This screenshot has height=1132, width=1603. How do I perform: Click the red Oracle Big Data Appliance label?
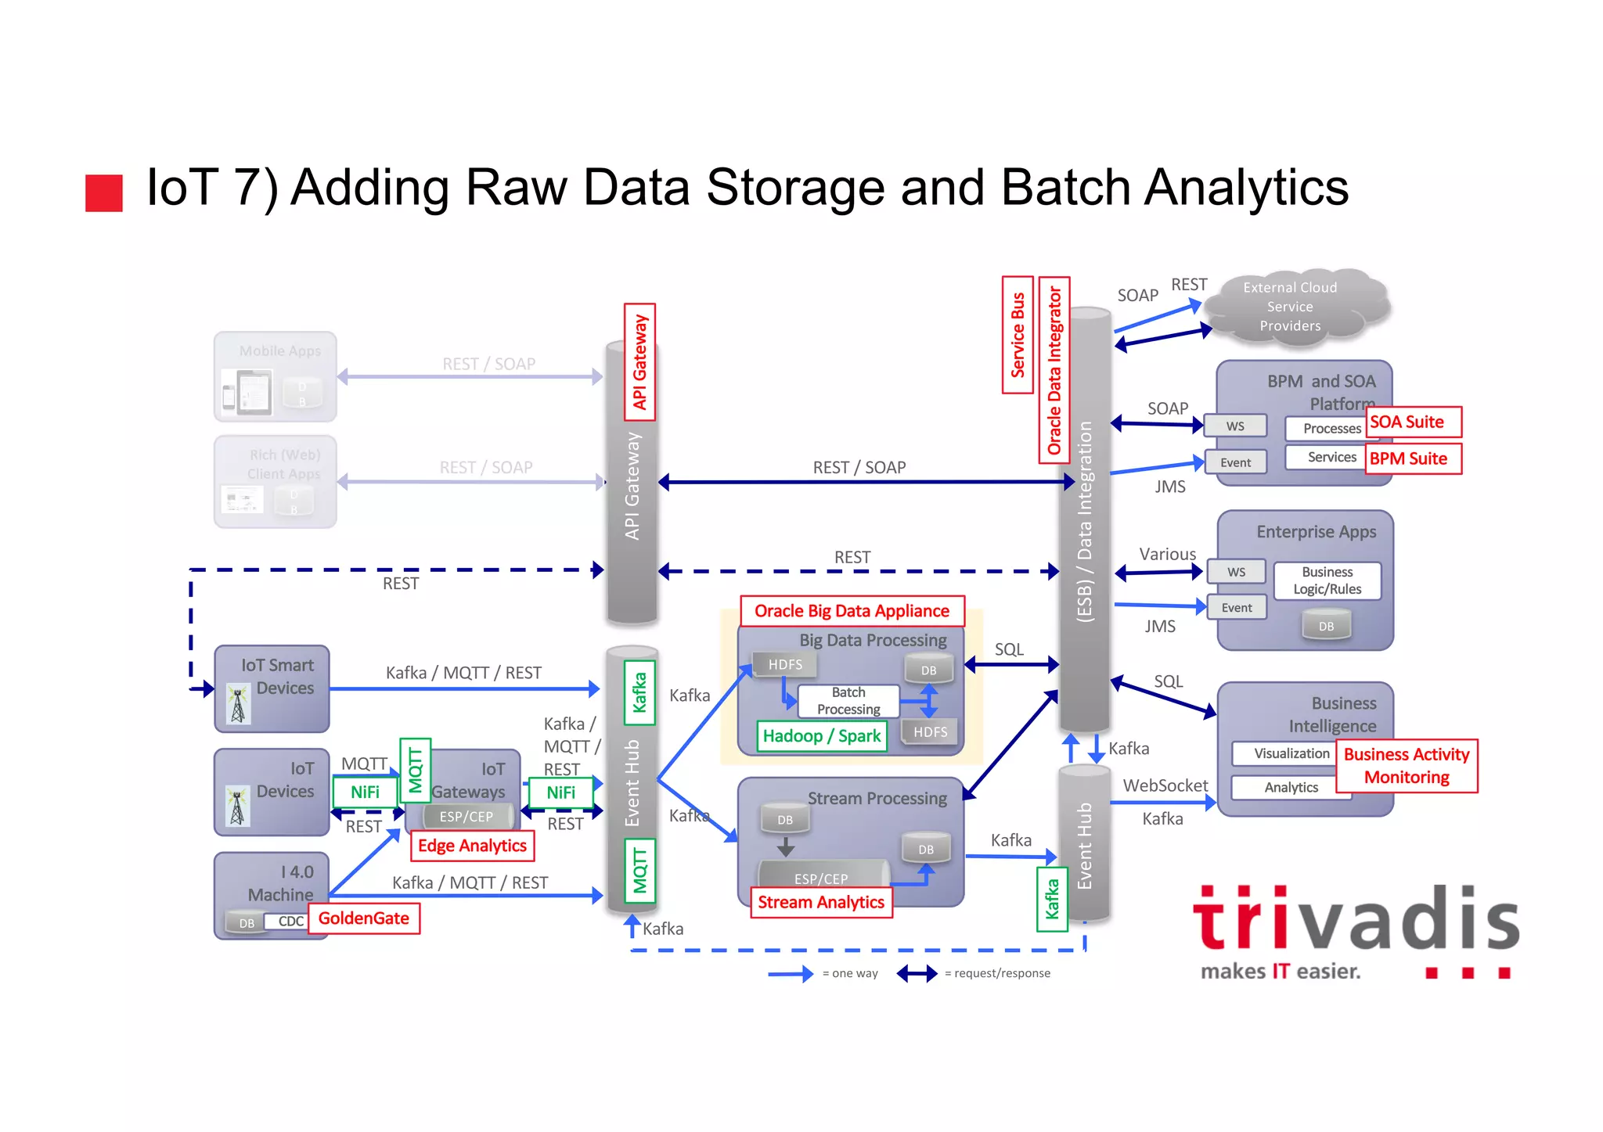pyautogui.click(x=852, y=611)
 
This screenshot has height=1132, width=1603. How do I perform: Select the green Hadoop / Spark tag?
pyautogui.click(x=822, y=736)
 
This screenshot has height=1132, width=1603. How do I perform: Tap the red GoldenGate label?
pyautogui.click(x=364, y=918)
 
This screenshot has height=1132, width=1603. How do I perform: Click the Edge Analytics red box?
pyautogui.click(x=472, y=846)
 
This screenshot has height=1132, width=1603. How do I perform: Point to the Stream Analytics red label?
pyautogui.click(x=821, y=903)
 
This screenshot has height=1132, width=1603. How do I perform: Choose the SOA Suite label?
pyautogui.click(x=1414, y=422)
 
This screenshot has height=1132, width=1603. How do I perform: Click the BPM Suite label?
pyautogui.click(x=1414, y=459)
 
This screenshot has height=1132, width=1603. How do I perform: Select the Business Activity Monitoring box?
pyautogui.click(x=1407, y=766)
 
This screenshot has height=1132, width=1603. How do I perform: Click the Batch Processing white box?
pyautogui.click(x=848, y=701)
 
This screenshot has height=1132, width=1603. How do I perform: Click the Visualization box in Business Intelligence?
pyautogui.click(x=1291, y=753)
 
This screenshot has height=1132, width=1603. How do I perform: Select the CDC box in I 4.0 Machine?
pyautogui.click(x=291, y=922)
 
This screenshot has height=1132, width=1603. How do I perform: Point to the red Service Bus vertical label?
pyautogui.click(x=1018, y=335)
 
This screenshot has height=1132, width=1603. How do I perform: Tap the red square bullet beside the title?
pyautogui.click(x=104, y=193)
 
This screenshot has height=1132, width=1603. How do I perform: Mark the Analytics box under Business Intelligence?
pyautogui.click(x=1291, y=788)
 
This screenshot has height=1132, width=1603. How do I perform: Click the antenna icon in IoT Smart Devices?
pyautogui.click(x=238, y=704)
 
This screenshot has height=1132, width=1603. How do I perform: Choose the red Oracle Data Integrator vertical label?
pyautogui.click(x=1054, y=370)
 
